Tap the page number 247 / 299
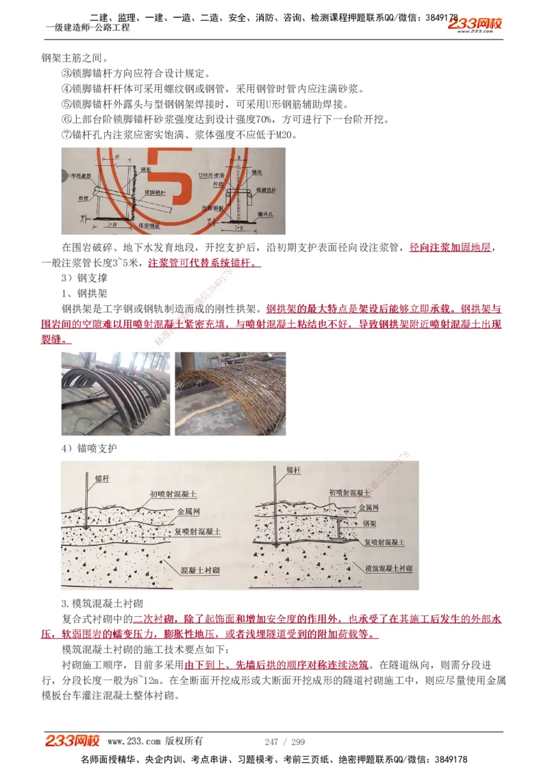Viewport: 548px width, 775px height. point(284,741)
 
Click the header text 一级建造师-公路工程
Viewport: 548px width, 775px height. point(87,27)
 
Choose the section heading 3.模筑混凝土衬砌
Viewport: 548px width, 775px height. point(101,603)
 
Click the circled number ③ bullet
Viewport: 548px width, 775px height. point(66,74)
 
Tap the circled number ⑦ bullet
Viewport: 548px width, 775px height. point(66,135)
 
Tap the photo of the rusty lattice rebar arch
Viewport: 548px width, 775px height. point(230,393)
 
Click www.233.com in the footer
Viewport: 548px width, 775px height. point(134,741)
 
